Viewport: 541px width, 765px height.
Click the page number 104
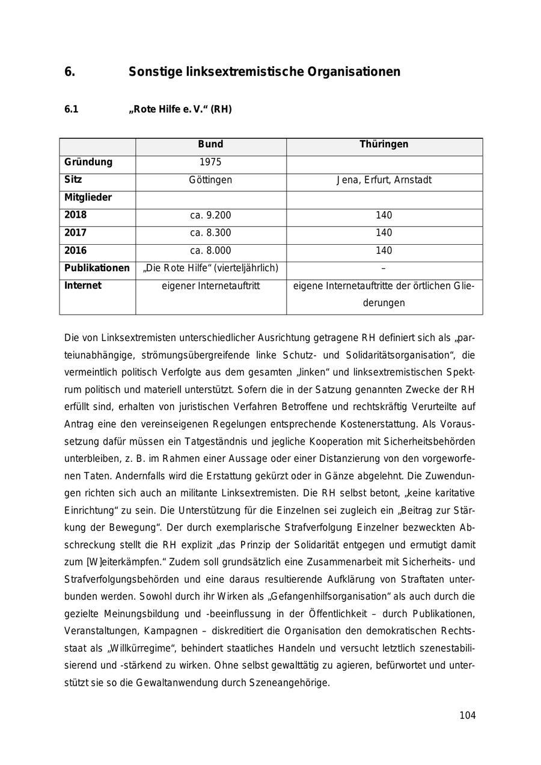tap(467, 715)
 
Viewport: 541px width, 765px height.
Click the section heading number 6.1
tap(72, 109)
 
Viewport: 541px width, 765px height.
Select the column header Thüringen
tap(384, 144)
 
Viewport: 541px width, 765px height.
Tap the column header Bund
tap(210, 144)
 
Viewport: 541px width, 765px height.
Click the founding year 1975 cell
tap(210, 162)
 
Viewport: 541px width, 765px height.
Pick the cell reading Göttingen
tap(210, 180)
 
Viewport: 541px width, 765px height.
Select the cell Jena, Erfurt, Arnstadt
tap(384, 180)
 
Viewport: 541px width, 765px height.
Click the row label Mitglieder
tap(88, 197)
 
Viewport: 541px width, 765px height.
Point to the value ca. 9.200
tap(210, 215)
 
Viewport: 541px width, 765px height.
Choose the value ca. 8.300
tap(210, 233)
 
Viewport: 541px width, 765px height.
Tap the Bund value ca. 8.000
tap(210, 250)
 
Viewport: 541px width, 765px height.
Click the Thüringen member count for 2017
tap(384, 233)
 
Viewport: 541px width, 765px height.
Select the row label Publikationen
tap(97, 268)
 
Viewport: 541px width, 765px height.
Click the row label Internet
tap(83, 286)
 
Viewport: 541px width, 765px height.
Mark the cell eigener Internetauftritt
tap(210, 286)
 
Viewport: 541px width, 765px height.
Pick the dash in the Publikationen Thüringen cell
tap(384, 268)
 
